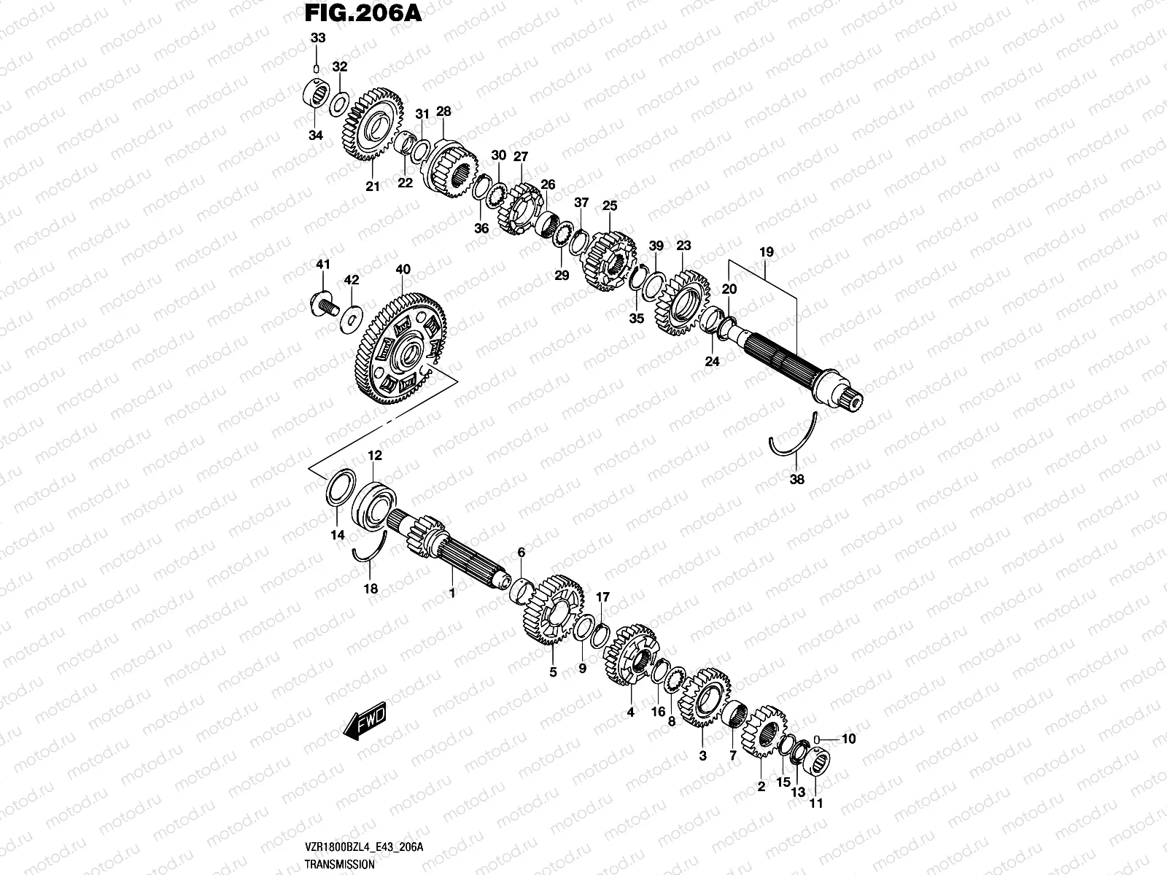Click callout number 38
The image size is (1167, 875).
[x=797, y=480]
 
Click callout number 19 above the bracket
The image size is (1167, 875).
[x=766, y=252]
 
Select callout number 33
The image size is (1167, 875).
[x=315, y=38]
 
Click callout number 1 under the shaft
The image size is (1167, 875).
[x=451, y=594]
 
